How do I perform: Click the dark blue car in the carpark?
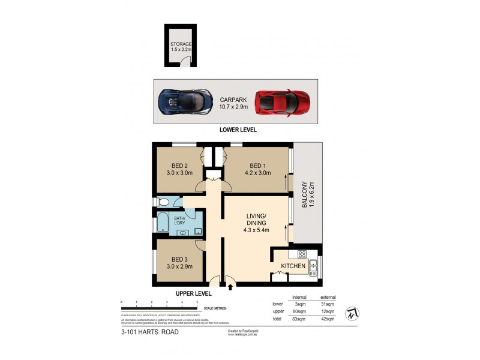coord(185,101)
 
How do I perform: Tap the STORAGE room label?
coord(180,44)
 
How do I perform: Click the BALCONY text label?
coord(304,195)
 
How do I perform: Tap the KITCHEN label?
coord(293,266)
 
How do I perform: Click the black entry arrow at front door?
coord(232,286)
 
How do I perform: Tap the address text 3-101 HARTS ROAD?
coord(150,332)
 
